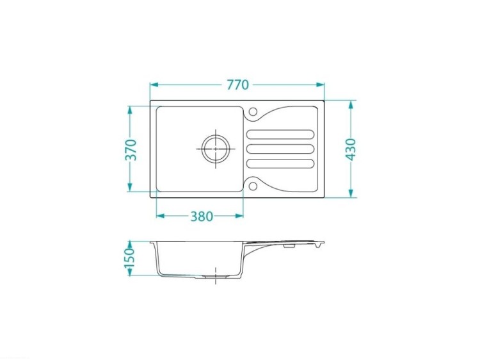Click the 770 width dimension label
coord(237,85)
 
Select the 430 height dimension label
coord(351,149)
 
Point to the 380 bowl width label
coord(202,217)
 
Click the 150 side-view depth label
coord(130,258)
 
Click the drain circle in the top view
coord(216,149)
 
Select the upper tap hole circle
coord(253,111)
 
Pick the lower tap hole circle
coord(253,186)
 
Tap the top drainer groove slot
coord(280,135)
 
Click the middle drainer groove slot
coord(280,149)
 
